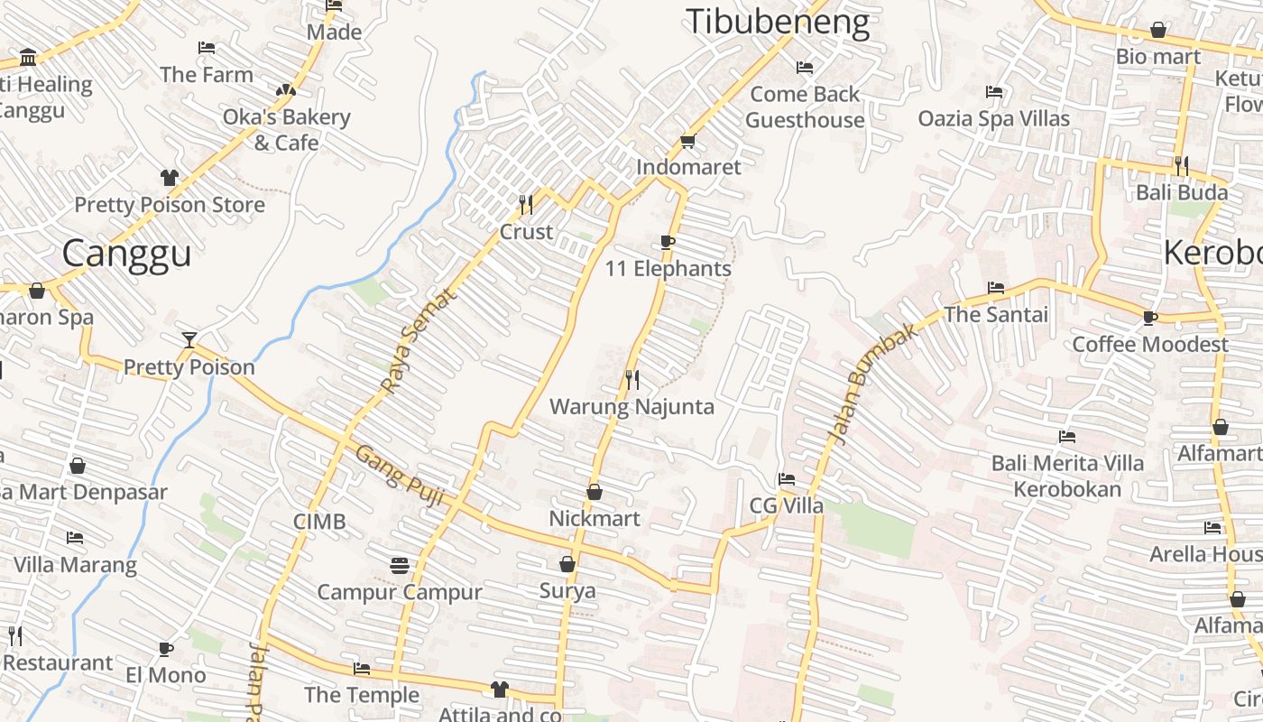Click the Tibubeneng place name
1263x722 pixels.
(x=778, y=23)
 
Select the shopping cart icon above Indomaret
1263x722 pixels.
(x=688, y=141)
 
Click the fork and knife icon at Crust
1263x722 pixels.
(x=526, y=205)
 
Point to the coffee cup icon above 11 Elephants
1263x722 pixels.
(x=668, y=242)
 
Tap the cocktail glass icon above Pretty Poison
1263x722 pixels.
(x=189, y=340)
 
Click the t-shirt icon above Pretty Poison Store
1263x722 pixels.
(x=169, y=178)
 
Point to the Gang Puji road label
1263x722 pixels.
(x=400, y=475)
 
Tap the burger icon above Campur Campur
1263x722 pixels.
(x=400, y=566)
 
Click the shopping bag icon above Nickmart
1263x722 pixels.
(x=595, y=492)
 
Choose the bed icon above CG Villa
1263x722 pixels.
(x=787, y=479)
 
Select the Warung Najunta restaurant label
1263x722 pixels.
(x=631, y=406)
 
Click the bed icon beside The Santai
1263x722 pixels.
(x=996, y=288)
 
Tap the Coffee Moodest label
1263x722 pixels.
(x=1149, y=344)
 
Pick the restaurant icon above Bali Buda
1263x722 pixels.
(x=1181, y=165)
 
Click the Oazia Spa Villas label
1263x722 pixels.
(x=993, y=118)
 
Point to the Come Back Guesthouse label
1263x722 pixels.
(x=805, y=106)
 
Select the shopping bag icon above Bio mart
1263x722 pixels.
(x=1158, y=31)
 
